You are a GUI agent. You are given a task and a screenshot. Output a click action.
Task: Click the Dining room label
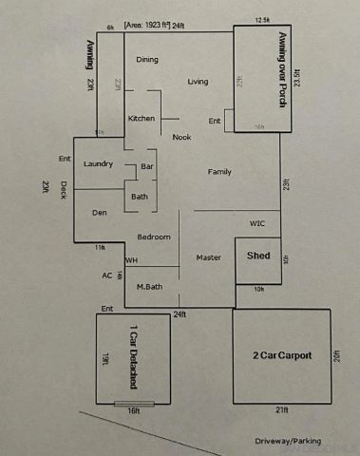coord(147,60)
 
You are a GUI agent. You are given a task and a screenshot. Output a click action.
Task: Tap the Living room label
coord(198,82)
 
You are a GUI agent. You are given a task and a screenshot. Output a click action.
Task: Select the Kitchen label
coord(142,118)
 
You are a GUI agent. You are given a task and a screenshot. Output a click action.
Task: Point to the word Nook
coord(181,137)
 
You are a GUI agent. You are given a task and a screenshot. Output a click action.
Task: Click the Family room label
coord(220,172)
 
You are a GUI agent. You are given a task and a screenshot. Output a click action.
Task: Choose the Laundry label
coord(99,164)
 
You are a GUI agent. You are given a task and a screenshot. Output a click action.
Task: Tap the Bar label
coord(147,166)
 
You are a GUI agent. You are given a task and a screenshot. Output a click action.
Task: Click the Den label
coord(99,213)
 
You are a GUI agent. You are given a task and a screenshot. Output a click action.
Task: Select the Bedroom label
coord(154,237)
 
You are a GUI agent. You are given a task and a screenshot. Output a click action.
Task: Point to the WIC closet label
coord(257,224)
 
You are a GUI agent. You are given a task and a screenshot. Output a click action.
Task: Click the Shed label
coord(258,256)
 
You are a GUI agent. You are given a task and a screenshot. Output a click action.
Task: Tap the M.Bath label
coord(149,286)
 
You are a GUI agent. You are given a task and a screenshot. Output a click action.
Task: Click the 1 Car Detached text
coord(133,359)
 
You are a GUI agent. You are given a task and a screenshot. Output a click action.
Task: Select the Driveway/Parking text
coord(288,441)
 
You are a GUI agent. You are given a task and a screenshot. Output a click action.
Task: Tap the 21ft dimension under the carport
coord(282,410)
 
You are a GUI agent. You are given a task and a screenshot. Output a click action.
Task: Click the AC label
coord(106,275)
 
